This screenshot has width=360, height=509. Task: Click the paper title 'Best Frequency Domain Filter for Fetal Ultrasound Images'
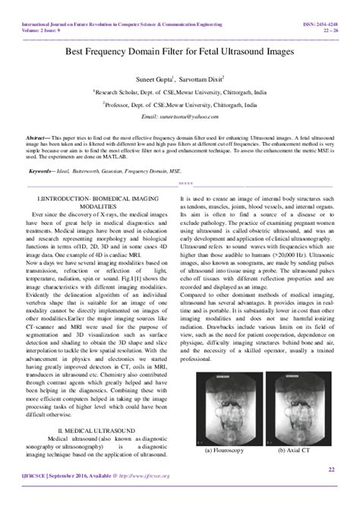tap(181, 52)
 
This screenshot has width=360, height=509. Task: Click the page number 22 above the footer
tap(331, 469)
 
